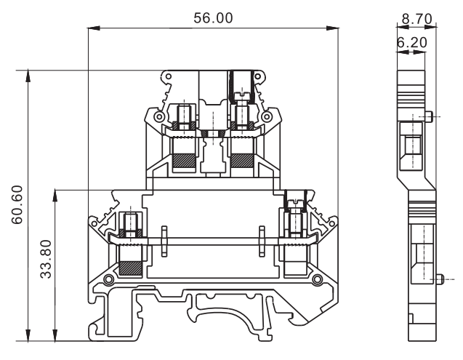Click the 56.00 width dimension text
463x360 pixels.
tap(213, 18)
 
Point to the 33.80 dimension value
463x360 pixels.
tap(46, 263)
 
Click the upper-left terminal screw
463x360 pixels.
tap(185, 115)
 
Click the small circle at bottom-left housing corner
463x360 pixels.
tap(108, 281)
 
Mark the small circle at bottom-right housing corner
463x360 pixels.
tap(317, 281)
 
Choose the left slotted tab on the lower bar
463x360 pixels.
tap(164, 243)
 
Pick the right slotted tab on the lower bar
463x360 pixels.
tap(262, 243)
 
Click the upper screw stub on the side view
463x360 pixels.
tap(432, 116)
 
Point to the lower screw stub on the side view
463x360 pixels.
tap(443, 278)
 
